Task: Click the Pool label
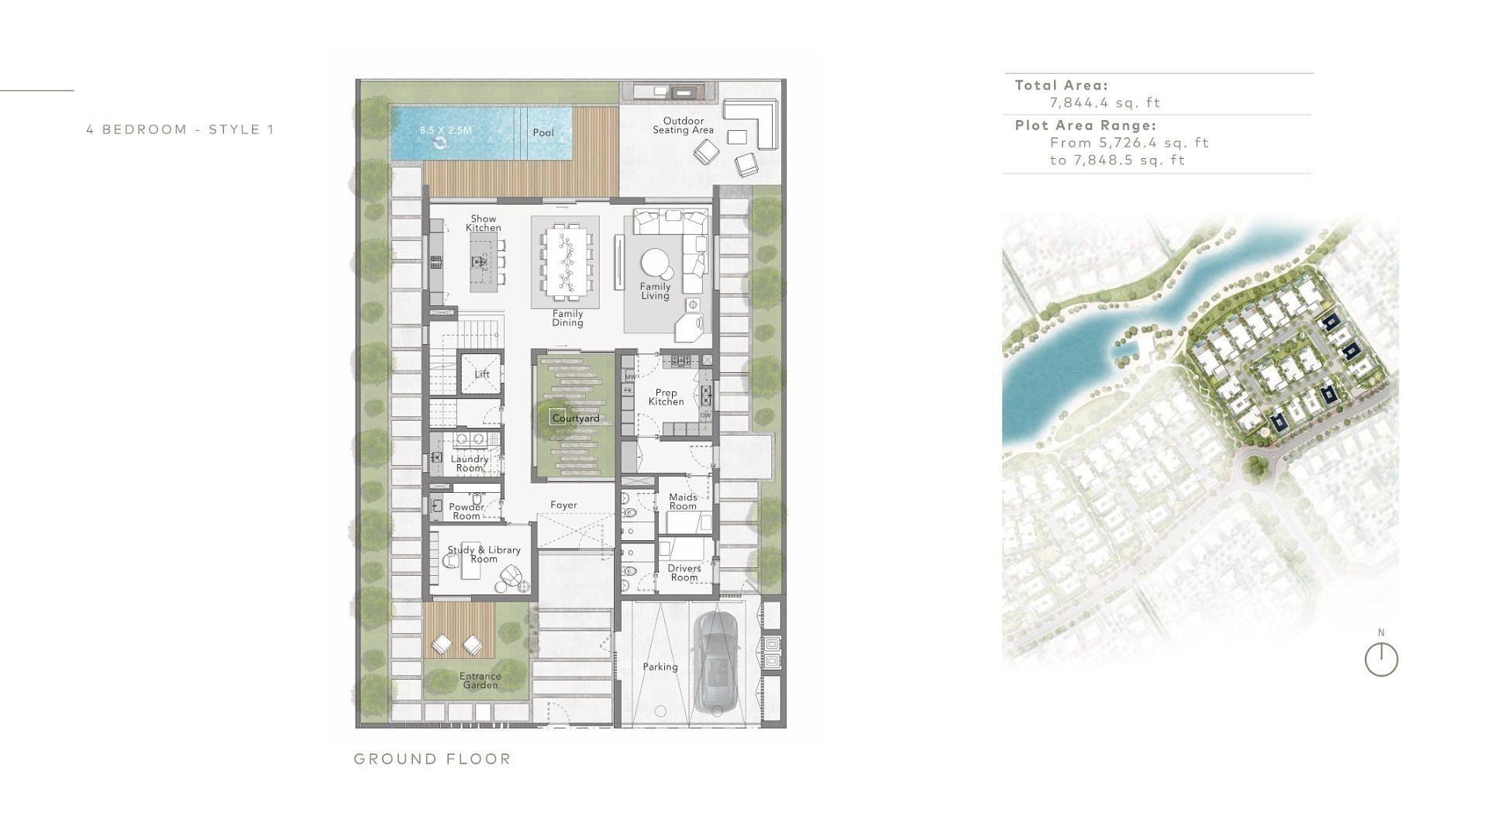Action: coord(543,133)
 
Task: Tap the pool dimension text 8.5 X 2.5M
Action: coord(446,130)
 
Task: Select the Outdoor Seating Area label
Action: coord(683,126)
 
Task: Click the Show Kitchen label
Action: coord(483,223)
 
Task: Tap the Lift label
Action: coord(482,374)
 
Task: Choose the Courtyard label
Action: coord(575,418)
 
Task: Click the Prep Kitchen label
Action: coord(666,398)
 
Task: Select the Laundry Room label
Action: coord(470,463)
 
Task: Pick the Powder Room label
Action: coord(467,511)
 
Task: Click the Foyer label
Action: coord(563,505)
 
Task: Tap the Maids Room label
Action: coord(683,501)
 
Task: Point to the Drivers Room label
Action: coord(684,573)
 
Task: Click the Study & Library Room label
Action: coord(484,554)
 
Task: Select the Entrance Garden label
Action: coord(480,680)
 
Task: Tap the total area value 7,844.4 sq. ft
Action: coord(1105,102)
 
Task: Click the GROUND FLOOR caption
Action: coord(432,759)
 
